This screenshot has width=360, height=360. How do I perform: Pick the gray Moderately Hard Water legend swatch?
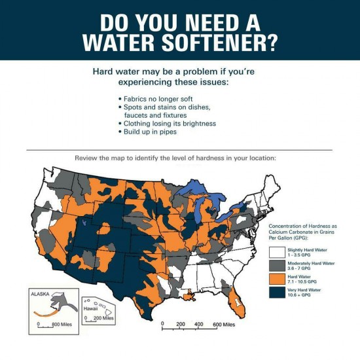tap(277, 265)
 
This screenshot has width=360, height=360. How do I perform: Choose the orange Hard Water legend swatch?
tap(277, 278)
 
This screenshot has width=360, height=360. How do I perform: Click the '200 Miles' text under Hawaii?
tap(106, 317)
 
